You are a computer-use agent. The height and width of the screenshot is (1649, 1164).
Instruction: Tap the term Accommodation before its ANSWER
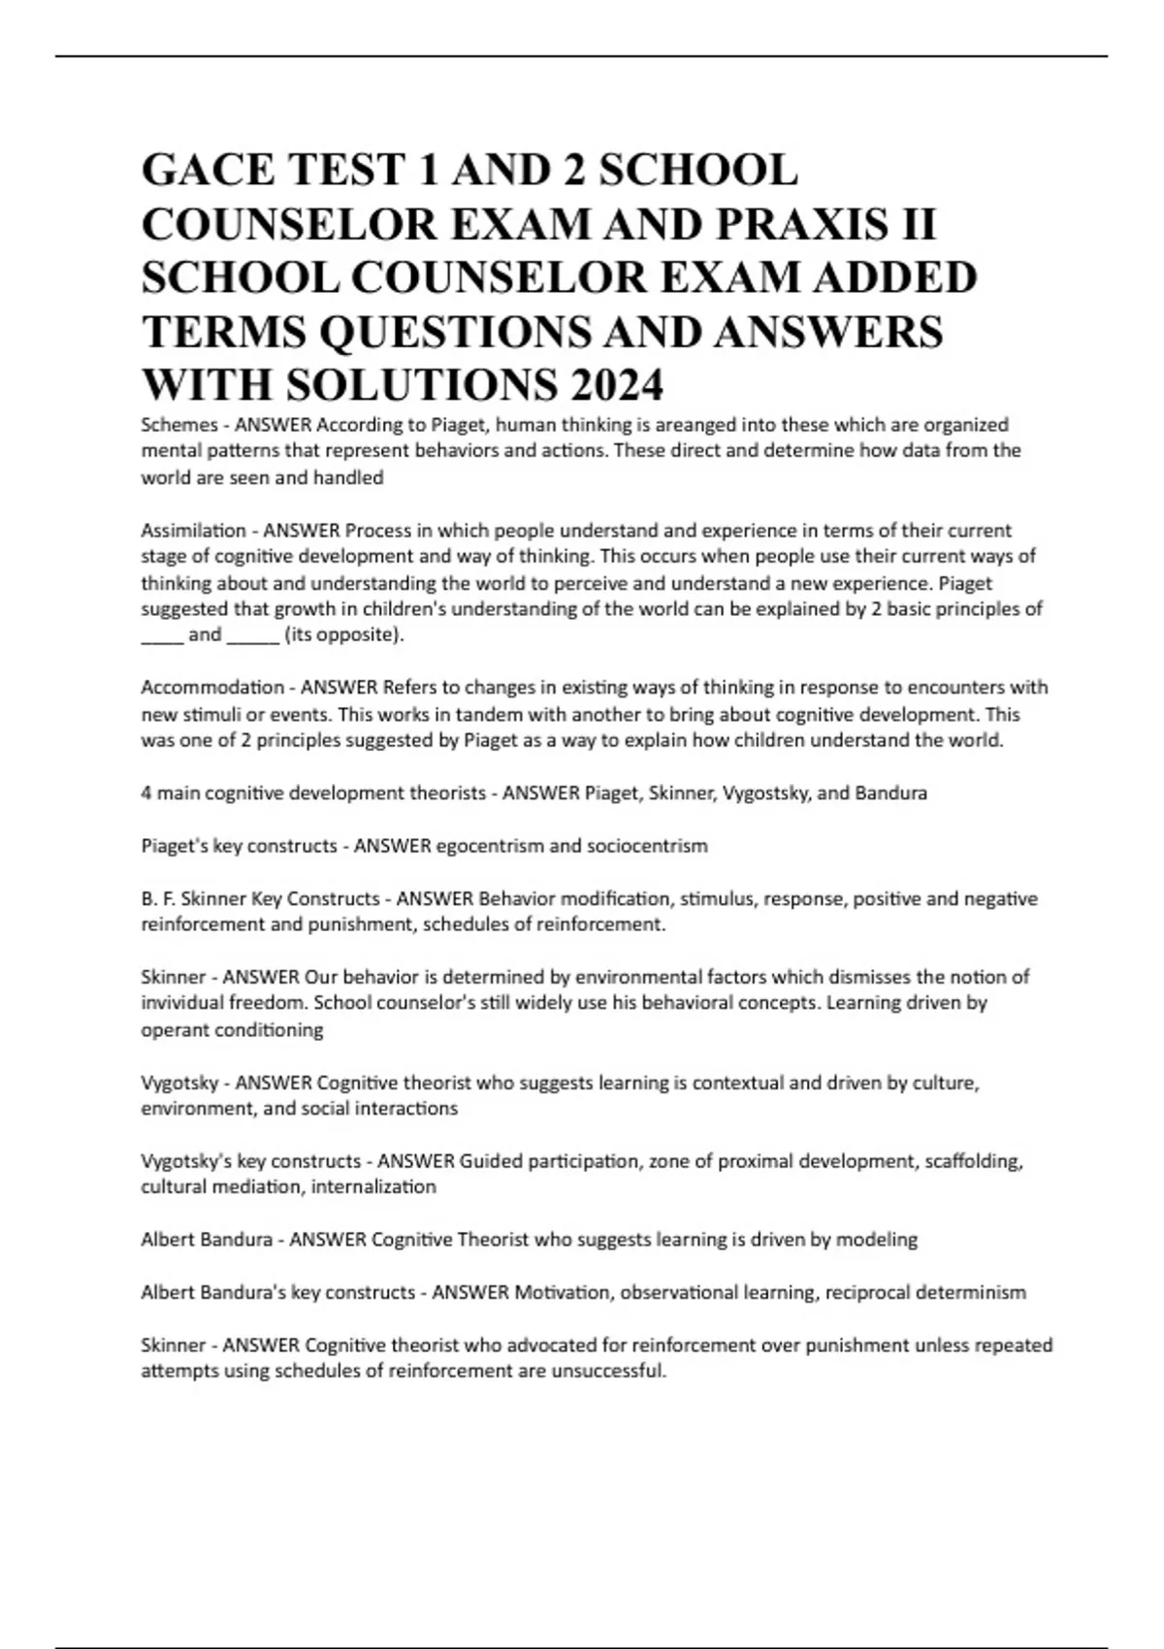212,688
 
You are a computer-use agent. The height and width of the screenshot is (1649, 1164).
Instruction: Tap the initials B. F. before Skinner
158,899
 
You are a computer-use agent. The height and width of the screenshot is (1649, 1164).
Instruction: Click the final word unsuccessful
608,1372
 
